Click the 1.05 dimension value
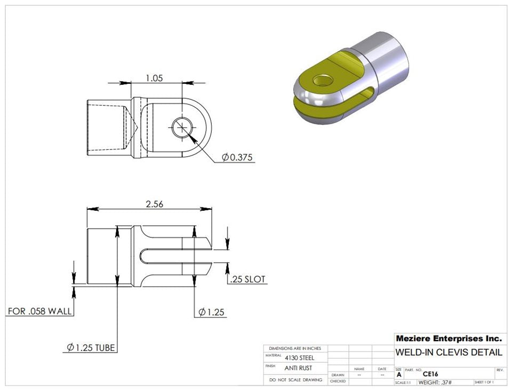point(154,78)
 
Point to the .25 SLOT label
point(246,280)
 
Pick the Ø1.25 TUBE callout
point(91,348)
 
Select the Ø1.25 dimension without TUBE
point(212,312)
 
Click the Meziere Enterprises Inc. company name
point(449,339)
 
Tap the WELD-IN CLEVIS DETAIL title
point(449,353)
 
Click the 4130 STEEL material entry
point(299,358)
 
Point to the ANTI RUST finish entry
point(298,368)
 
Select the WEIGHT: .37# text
point(436,382)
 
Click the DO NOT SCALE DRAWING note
point(295,380)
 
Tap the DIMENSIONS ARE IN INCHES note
point(295,348)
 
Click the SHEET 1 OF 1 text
point(484,382)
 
